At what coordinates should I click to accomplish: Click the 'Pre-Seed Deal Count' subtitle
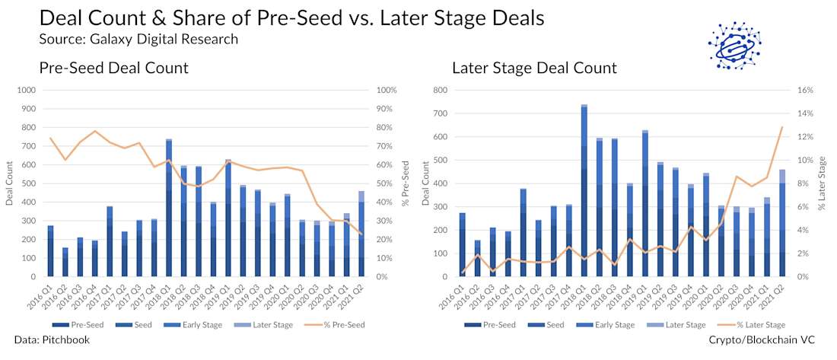point(113,68)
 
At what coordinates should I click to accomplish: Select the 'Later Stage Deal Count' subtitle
point(534,68)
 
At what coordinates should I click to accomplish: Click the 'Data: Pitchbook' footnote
point(52,339)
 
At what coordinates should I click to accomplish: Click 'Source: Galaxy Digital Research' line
point(129,38)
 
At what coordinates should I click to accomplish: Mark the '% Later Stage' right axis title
point(822,183)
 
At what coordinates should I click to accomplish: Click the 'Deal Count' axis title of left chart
point(9,183)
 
